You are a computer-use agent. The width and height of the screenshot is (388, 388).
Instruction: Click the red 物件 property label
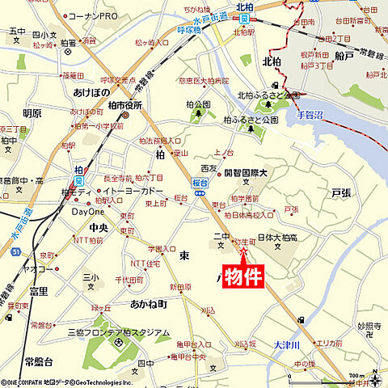243,276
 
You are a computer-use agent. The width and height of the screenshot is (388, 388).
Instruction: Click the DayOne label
88,212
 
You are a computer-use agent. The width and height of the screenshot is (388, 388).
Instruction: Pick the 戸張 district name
342,194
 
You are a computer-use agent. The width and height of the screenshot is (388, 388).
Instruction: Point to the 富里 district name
37,290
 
